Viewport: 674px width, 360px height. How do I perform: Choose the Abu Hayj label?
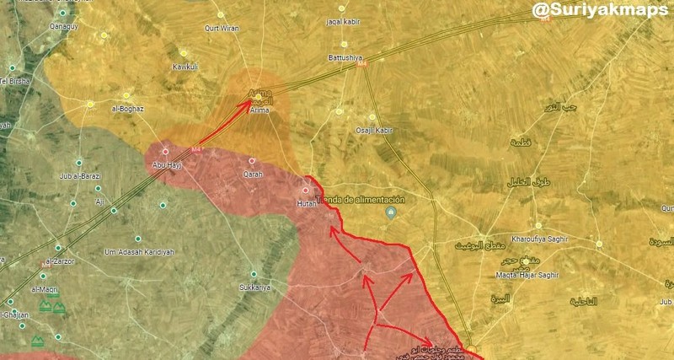pyautogui.click(x=166, y=165)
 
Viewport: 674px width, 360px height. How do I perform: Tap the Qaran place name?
pyautogui.click(x=252, y=175)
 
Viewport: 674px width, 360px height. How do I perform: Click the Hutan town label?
pyautogui.click(x=306, y=204)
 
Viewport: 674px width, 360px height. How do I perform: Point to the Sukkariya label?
pyautogui.click(x=253, y=287)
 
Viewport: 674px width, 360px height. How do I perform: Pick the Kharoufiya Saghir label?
pyautogui.click(x=540, y=239)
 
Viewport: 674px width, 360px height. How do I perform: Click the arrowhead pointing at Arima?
pyautogui.click(x=248, y=105)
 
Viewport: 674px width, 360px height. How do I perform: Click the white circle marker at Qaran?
pyautogui.click(x=252, y=160)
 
